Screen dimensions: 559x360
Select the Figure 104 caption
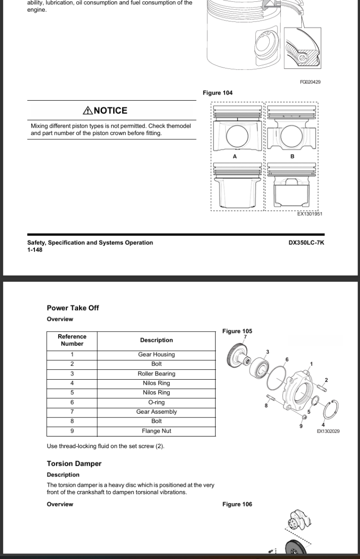point(217,93)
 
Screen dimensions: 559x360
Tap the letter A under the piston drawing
point(235,157)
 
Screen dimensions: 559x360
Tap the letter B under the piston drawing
point(292,157)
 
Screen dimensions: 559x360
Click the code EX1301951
point(310,214)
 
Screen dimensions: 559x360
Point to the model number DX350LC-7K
point(306,243)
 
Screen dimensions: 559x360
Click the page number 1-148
point(35,250)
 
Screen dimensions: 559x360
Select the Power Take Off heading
point(73,308)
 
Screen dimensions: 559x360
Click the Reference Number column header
point(72,340)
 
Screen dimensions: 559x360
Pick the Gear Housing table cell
point(156,354)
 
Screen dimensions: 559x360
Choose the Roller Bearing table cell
point(156,374)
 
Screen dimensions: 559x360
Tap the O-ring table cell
point(156,402)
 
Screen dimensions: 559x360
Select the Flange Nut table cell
point(156,431)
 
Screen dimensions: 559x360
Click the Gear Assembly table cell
point(156,412)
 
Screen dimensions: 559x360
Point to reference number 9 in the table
point(72,431)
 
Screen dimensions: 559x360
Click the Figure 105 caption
point(237,331)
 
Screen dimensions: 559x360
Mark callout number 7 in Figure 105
point(245,337)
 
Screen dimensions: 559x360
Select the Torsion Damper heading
point(74,464)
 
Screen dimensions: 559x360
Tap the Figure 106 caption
point(237,504)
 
